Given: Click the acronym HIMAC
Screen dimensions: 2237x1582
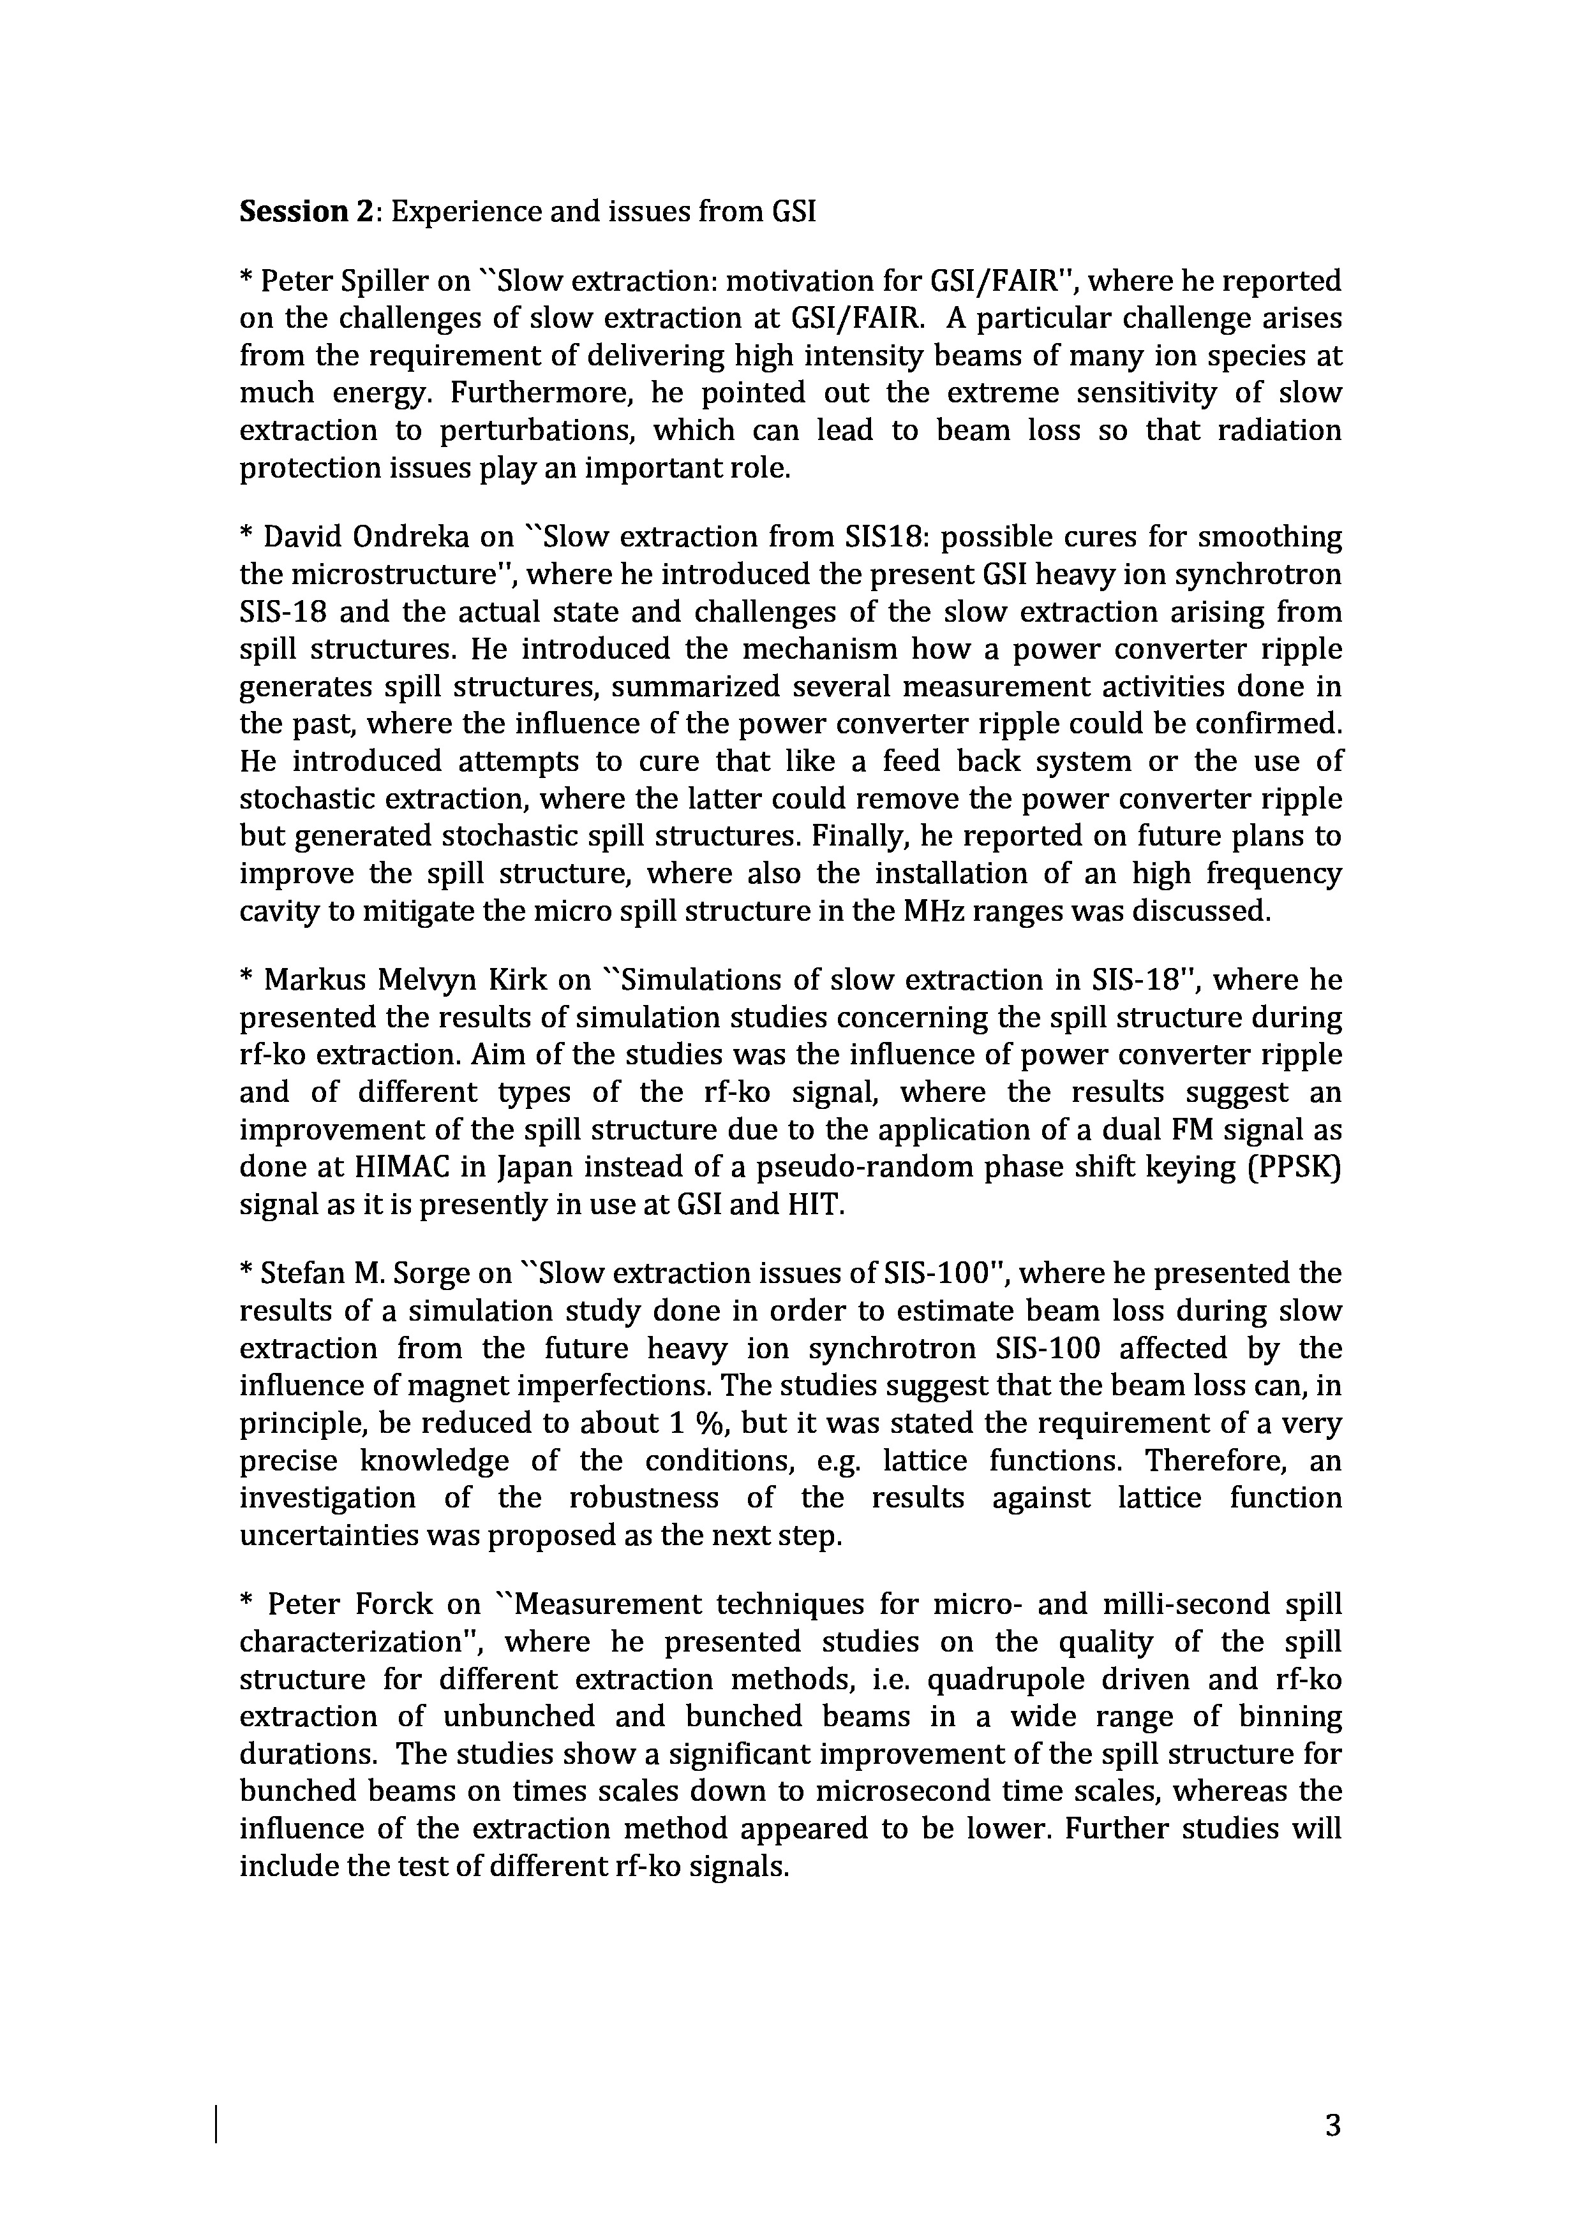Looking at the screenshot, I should [380, 1167].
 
